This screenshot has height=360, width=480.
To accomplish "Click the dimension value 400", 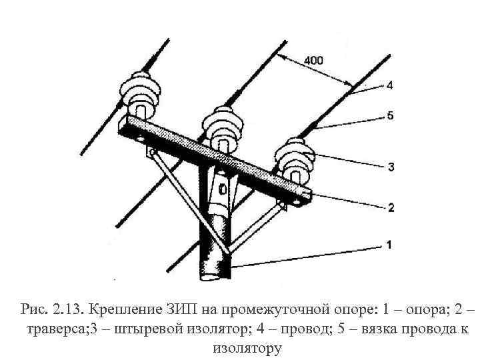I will point(313,61).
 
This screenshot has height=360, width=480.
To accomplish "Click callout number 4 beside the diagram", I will point(389,85).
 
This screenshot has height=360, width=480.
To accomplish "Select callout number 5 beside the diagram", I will point(389,115).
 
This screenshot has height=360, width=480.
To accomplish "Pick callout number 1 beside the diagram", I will point(389,245).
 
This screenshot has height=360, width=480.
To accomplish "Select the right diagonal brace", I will point(257,227).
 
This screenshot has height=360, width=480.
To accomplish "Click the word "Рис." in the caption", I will point(34,310).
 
